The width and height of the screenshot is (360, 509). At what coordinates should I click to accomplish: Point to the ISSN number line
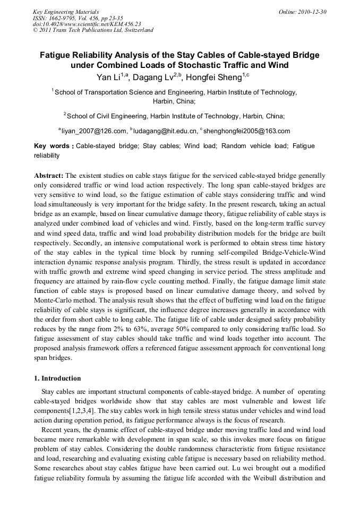tap(78, 18)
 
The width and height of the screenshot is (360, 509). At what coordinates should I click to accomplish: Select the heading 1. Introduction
tap(57, 378)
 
